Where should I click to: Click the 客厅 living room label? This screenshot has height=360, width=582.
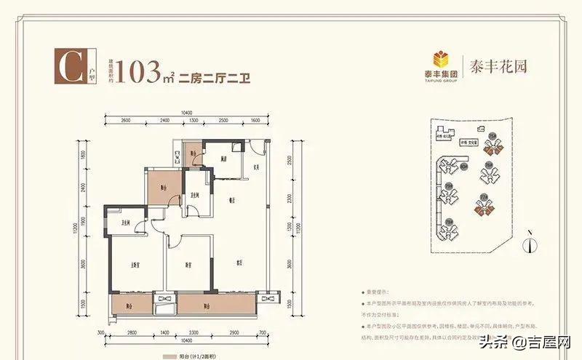(239, 263)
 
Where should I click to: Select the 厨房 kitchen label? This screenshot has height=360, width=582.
(227, 158)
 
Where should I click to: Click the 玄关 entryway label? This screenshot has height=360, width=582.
(256, 171)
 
